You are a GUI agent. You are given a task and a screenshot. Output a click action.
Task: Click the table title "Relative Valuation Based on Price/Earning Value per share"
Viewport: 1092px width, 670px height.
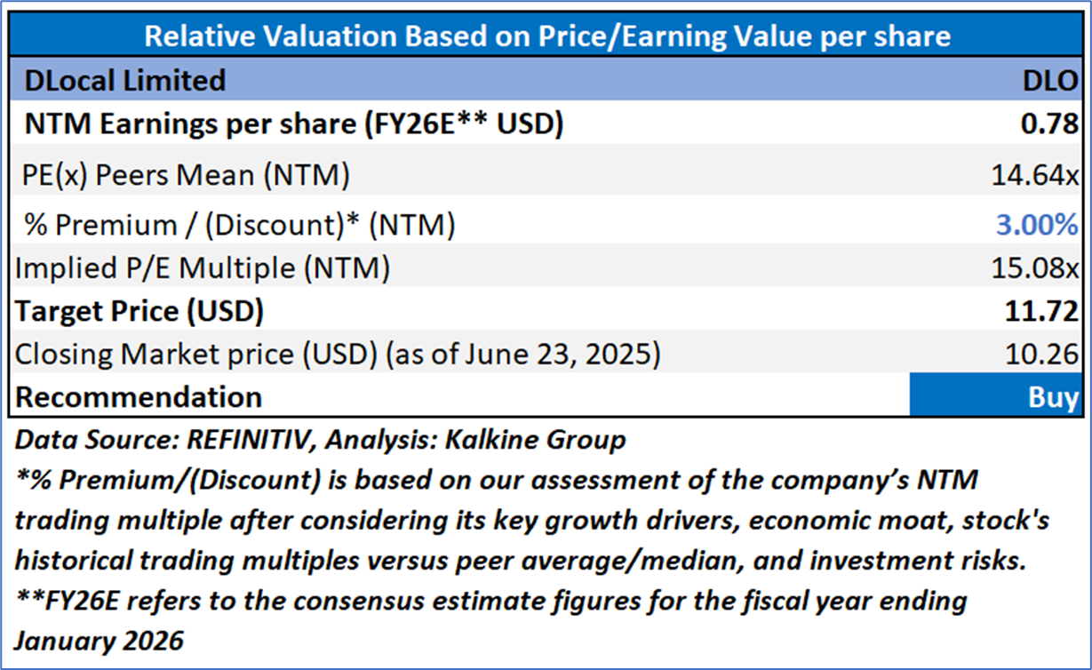(x=547, y=36)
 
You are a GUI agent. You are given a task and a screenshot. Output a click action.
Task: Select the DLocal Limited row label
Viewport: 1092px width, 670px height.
(x=124, y=81)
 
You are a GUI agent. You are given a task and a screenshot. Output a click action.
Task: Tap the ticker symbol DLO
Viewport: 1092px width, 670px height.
(x=1049, y=81)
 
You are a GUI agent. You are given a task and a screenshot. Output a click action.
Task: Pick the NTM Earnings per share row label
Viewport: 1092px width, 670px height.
(x=293, y=125)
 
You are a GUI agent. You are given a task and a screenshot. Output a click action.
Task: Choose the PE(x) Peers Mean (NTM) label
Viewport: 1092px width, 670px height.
(x=186, y=175)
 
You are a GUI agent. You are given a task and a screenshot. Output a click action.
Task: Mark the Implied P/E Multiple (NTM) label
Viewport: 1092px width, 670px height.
(x=203, y=266)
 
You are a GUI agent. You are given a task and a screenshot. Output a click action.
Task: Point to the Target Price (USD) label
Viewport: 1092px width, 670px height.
(x=139, y=311)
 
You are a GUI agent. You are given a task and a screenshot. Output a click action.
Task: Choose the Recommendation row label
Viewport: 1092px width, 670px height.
(x=139, y=396)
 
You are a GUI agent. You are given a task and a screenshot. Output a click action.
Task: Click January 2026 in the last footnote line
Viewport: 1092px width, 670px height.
(x=99, y=640)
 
